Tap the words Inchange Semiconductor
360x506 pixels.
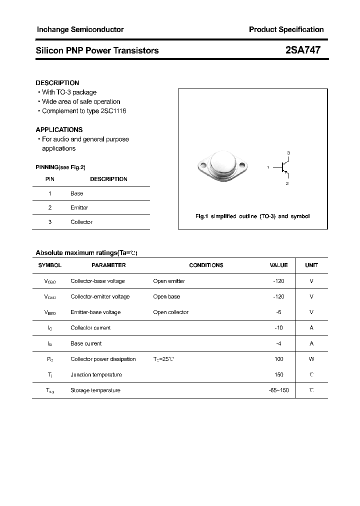pyautogui.click(x=80, y=29)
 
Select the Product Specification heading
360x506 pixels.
pyautogui.click(x=286, y=29)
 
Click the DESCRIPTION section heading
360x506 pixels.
pyautogui.click(x=57, y=83)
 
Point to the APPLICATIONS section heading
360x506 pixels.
pyautogui.click(x=59, y=129)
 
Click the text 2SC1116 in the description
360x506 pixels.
pyautogui.click(x=113, y=111)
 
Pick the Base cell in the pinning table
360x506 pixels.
pyautogui.click(x=77, y=193)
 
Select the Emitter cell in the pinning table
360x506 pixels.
pyautogui.click(x=79, y=207)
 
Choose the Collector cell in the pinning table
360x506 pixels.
pyautogui.click(x=81, y=222)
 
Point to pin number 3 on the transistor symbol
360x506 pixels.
pyautogui.click(x=288, y=152)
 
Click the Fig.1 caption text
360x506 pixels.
pyautogui.click(x=252, y=216)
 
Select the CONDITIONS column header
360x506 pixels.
pyautogui.click(x=206, y=265)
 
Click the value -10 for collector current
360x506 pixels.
pyautogui.click(x=278, y=328)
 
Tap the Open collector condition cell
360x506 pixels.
pyautogui.click(x=170, y=312)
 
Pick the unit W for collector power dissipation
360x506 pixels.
pyautogui.click(x=311, y=359)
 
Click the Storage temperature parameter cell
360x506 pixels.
pyautogui.click(x=95, y=390)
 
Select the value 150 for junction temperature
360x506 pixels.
pyautogui.click(x=278, y=374)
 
